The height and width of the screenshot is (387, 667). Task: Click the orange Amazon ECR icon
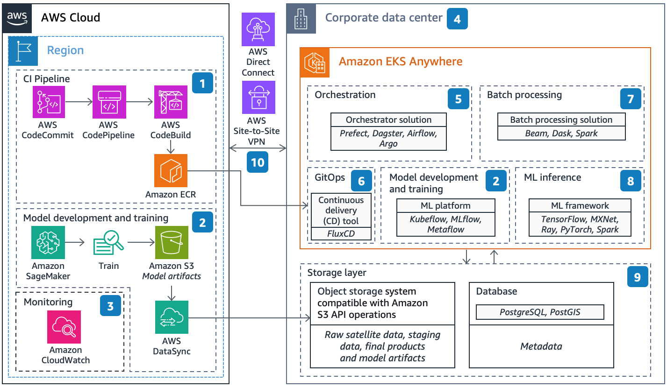pyautogui.click(x=171, y=171)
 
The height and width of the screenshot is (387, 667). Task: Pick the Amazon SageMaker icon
pyautogui.click(x=48, y=242)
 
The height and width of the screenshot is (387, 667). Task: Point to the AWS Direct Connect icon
pyautogui.click(x=258, y=29)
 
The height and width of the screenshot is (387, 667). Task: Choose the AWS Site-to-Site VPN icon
pyautogui.click(x=258, y=97)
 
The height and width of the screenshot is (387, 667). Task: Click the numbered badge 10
pyautogui.click(x=258, y=162)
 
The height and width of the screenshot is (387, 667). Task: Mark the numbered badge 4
pyautogui.click(x=457, y=19)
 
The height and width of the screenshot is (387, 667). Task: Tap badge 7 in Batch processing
pyautogui.click(x=631, y=99)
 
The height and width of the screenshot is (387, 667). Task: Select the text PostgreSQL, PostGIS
pyautogui.click(x=539, y=312)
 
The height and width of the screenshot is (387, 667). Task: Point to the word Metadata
pyautogui.click(x=541, y=346)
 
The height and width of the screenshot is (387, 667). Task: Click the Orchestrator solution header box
pyautogui.click(x=388, y=120)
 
